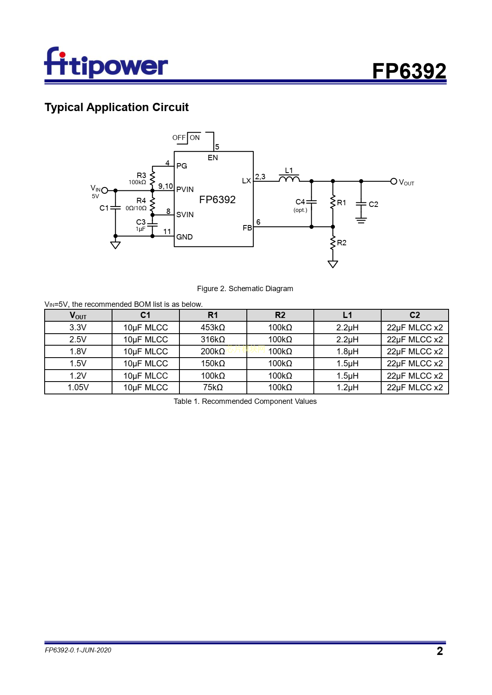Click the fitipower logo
pyautogui.click(x=106, y=63)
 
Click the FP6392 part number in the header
pyautogui.click(x=409, y=71)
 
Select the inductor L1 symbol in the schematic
pyautogui.click(x=289, y=179)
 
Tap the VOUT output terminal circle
pyautogui.click(x=394, y=181)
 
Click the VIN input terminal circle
pyautogui.click(x=105, y=190)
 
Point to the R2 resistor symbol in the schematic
pyautogui.click(x=333, y=243)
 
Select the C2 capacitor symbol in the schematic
pyautogui.click(x=361, y=204)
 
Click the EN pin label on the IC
pyautogui.click(x=213, y=158)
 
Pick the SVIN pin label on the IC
pyautogui.click(x=185, y=215)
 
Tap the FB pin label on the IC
pyautogui.click(x=247, y=228)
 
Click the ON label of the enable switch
pyautogui.click(x=195, y=138)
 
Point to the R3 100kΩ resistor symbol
pyautogui.click(x=153, y=178)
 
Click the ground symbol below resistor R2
pyautogui.click(x=333, y=264)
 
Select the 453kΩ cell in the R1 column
pyautogui.click(x=213, y=327)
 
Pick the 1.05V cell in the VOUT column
pyautogui.click(x=78, y=387)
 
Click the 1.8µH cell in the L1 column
pyautogui.click(x=347, y=351)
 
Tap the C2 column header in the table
pyautogui.click(x=414, y=315)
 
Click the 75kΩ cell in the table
pyautogui.click(x=213, y=387)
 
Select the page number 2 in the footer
pyautogui.click(x=439, y=651)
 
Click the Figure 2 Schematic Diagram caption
pyautogui.click(x=245, y=289)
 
